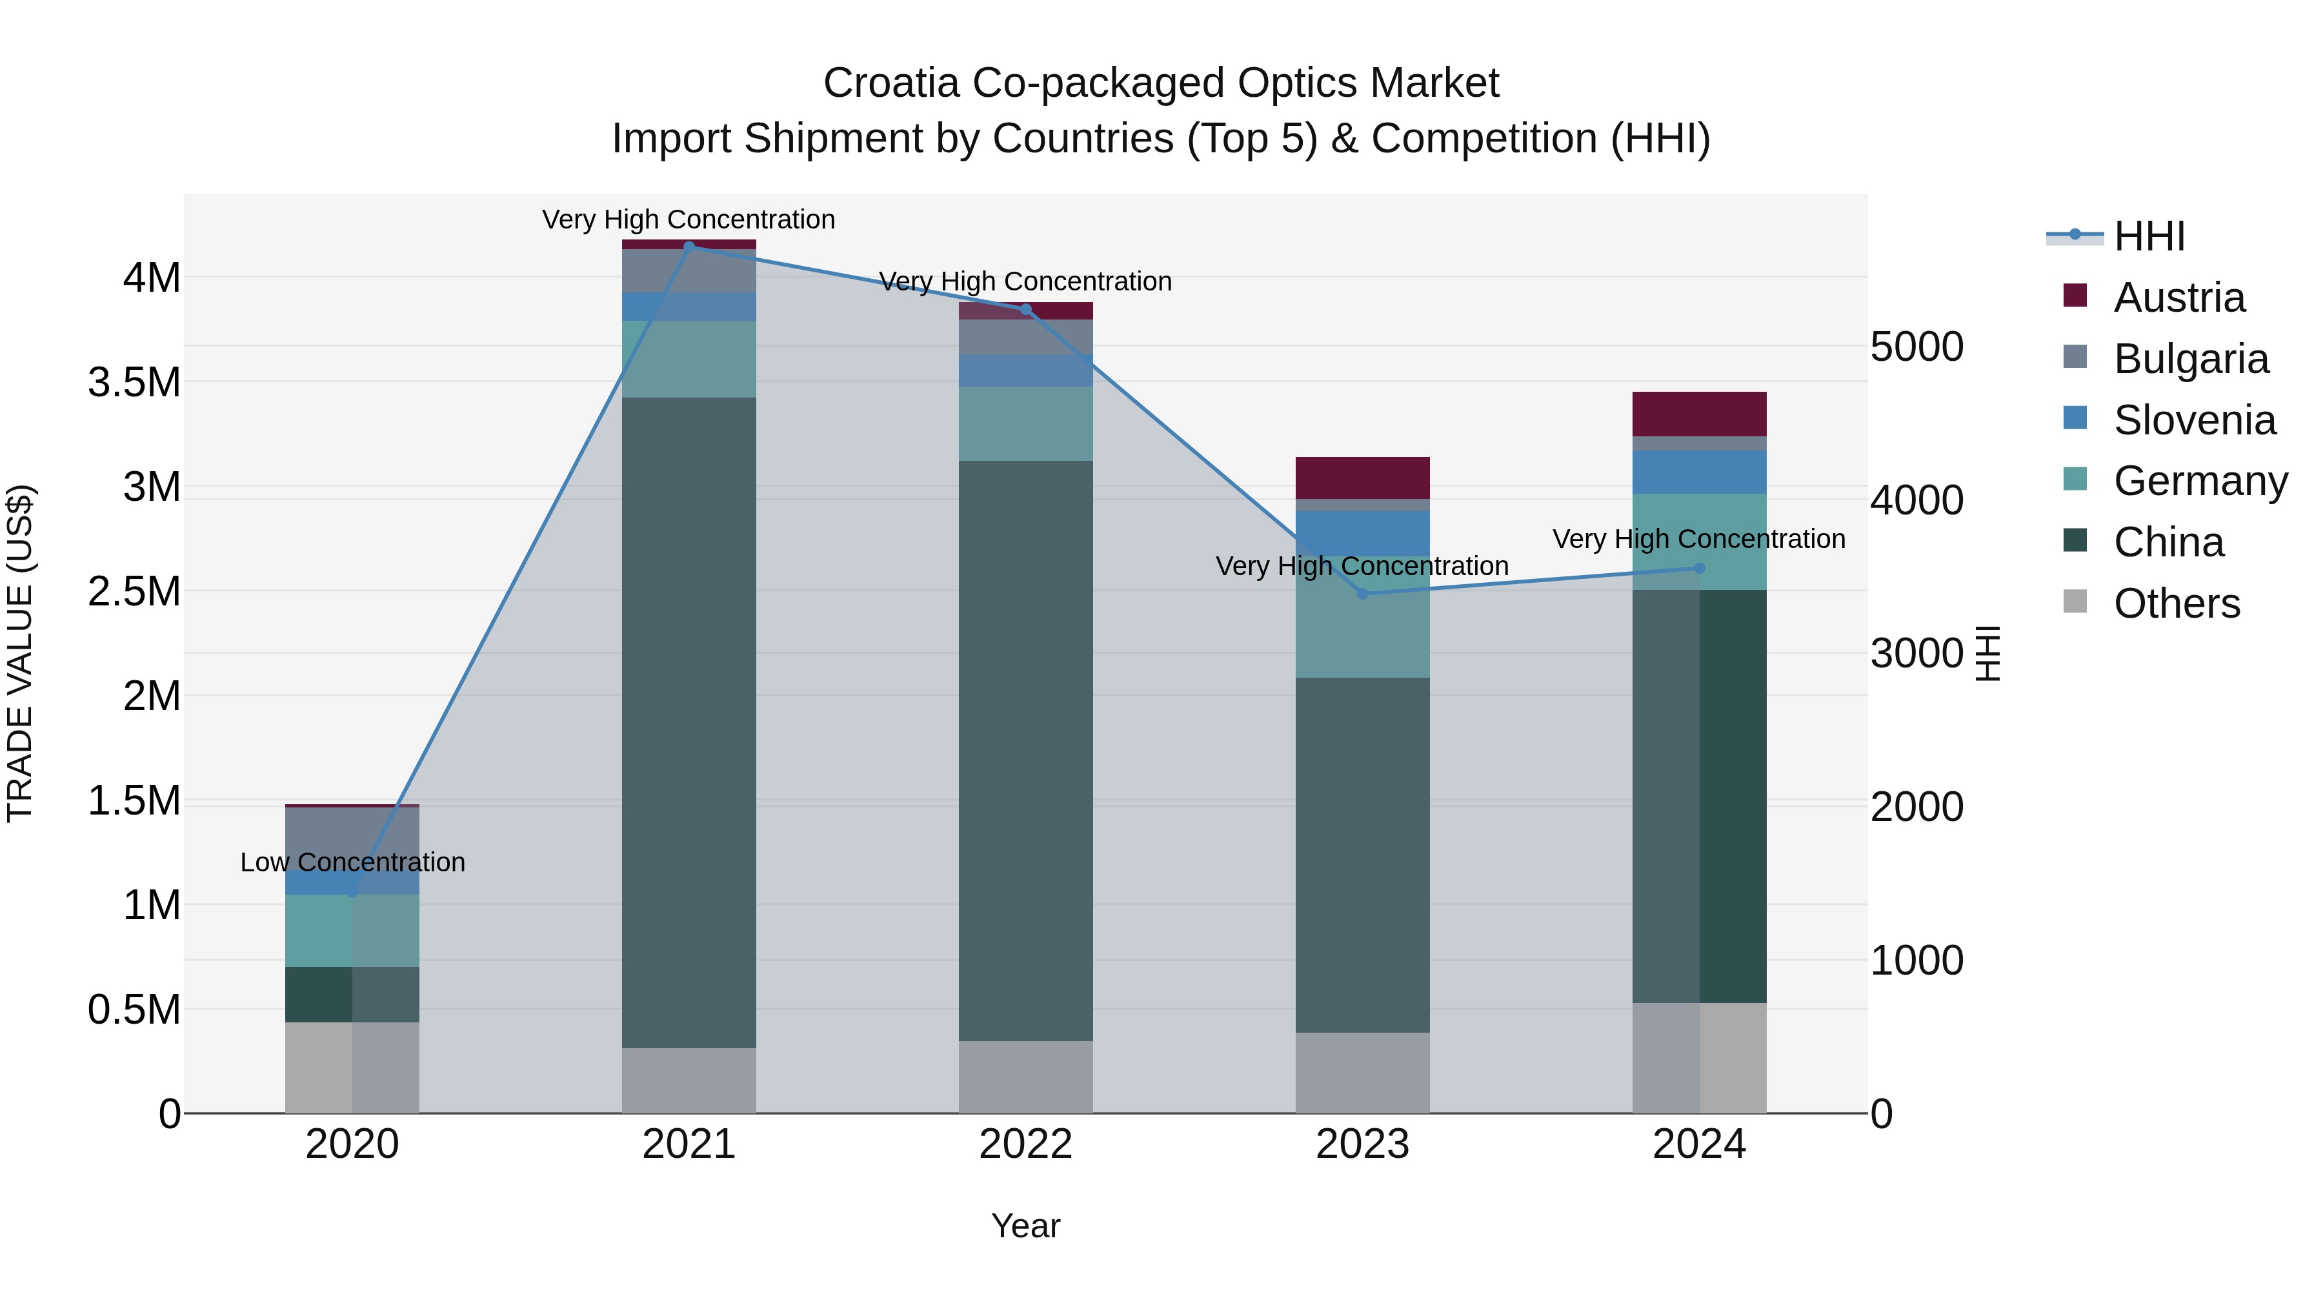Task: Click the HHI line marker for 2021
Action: pos(689,247)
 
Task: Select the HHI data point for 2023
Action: pos(1363,594)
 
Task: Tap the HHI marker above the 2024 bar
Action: pos(1699,568)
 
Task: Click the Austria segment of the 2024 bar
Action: pos(1699,414)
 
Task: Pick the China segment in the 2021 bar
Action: pos(689,722)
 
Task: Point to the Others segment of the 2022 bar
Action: pos(1025,1077)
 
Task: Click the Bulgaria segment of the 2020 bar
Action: pos(352,835)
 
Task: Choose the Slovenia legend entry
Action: pos(2193,420)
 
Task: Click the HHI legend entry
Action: pos(2148,236)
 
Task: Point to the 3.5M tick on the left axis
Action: pos(134,383)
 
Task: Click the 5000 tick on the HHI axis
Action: pos(1916,347)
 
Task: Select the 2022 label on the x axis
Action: pos(1025,1144)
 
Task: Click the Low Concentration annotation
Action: pos(352,862)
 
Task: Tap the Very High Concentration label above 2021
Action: pos(689,219)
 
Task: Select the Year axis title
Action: pos(1025,1226)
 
